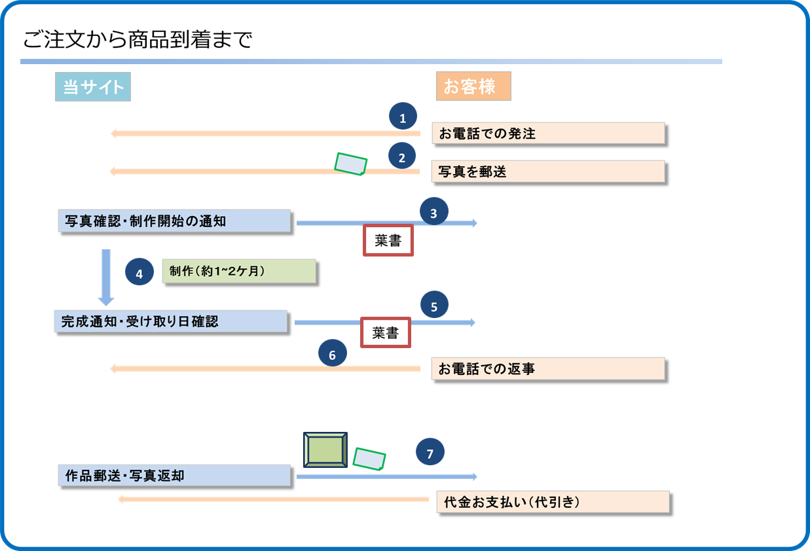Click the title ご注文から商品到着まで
tap(138, 41)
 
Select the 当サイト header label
tap(93, 87)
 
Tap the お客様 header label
tap(473, 86)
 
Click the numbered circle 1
tap(403, 118)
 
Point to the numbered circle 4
tap(139, 274)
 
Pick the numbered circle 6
tap(332, 355)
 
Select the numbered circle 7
tap(430, 453)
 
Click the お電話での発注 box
tap(548, 133)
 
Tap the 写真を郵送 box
tap(548, 171)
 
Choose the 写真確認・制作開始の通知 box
tap(174, 221)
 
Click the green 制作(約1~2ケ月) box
tap(239, 271)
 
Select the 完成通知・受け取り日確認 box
tap(171, 321)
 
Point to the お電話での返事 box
tap(548, 368)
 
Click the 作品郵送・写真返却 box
tap(174, 476)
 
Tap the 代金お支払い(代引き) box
tap(553, 502)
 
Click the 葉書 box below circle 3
tap(388, 240)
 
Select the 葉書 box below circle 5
tap(386, 332)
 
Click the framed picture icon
tap(325, 450)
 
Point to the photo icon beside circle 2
tap(350, 164)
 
